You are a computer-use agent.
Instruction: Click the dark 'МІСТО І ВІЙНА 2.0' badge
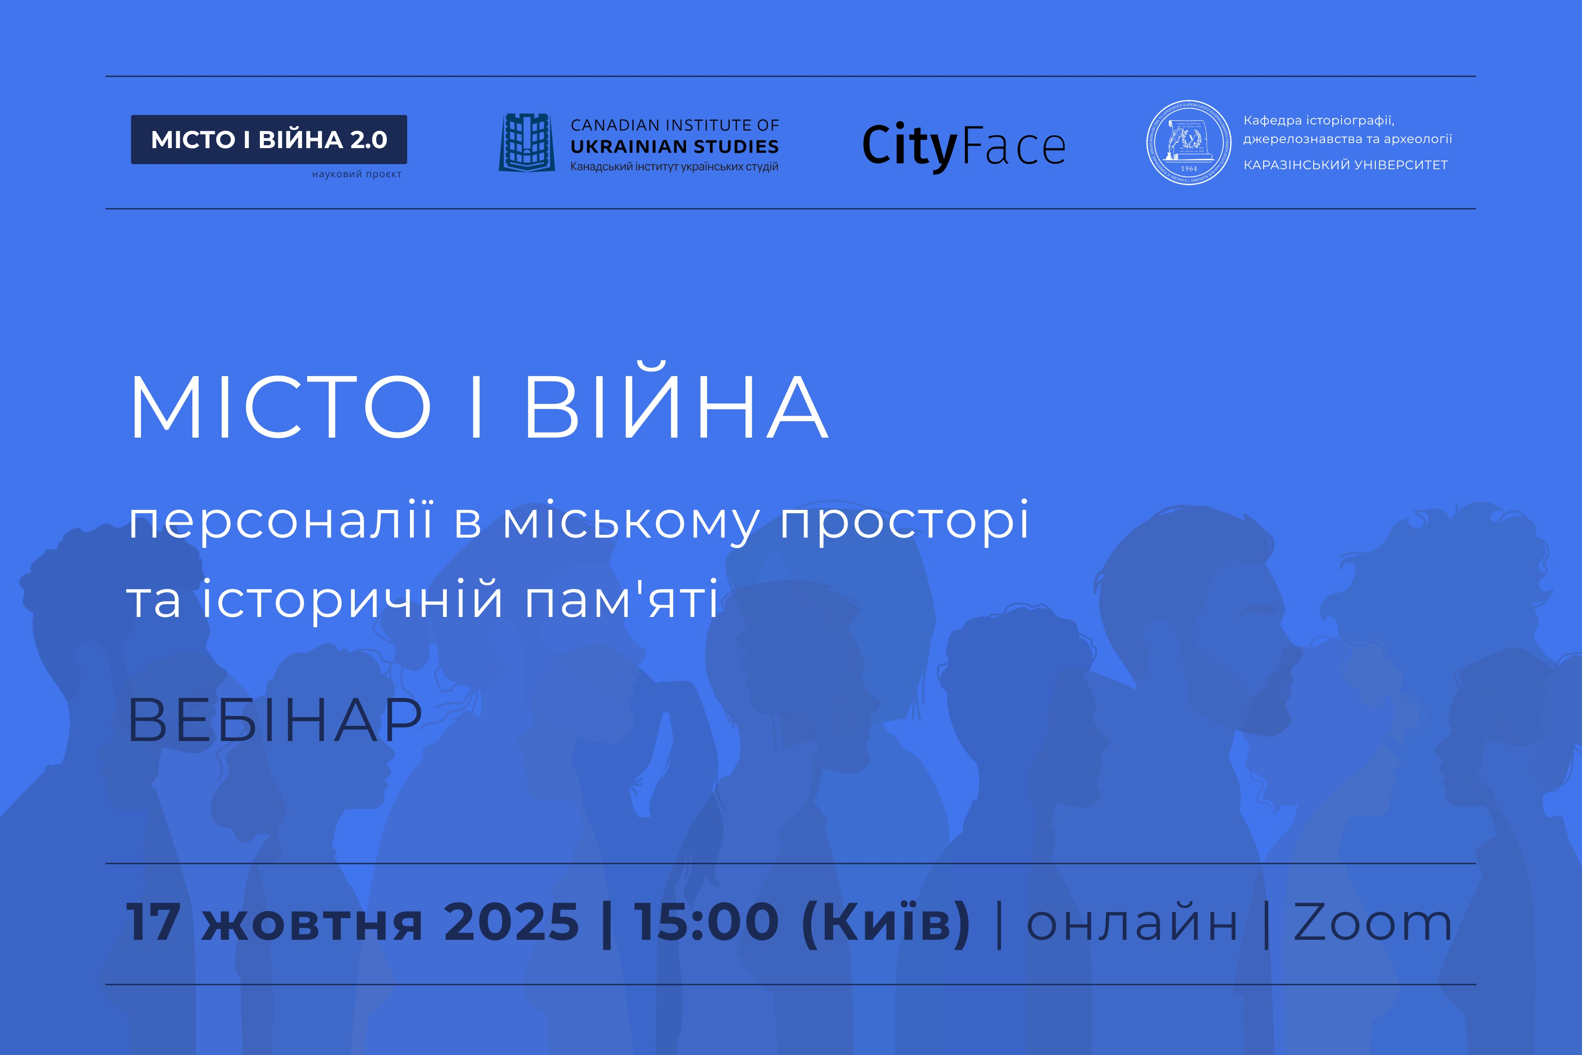(269, 139)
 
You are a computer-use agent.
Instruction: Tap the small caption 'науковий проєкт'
(356, 174)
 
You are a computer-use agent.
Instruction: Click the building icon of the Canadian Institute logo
(526, 143)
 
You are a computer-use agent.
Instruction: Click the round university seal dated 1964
(1188, 143)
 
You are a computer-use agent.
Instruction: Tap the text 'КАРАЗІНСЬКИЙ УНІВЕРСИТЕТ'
(1345, 165)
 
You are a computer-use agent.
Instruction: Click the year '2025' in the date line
(511, 922)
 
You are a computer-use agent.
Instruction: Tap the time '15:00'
(706, 922)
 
